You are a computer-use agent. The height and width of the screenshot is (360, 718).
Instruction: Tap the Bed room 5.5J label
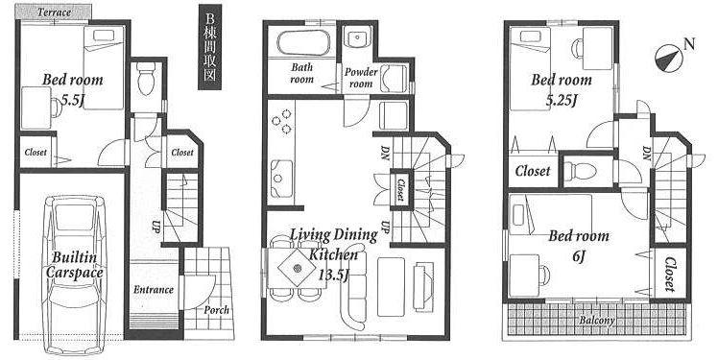(72, 89)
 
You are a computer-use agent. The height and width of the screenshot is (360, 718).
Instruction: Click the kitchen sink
(281, 177)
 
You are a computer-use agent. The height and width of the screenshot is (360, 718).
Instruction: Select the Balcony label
(597, 320)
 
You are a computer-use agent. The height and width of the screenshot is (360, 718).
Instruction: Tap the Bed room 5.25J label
(562, 89)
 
